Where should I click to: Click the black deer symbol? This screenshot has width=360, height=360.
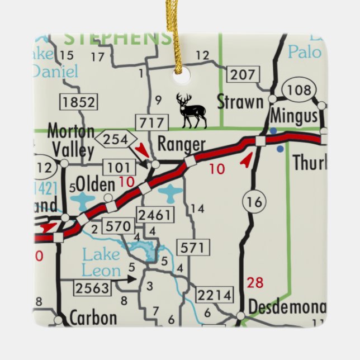(191, 110)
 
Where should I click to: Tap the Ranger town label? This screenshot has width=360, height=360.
(181, 145)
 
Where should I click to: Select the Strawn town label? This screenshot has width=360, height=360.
(240, 102)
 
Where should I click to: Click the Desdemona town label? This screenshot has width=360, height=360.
(287, 307)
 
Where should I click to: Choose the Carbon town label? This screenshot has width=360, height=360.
(93, 318)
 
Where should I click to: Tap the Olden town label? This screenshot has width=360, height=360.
(96, 184)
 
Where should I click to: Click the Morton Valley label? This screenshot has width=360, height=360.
(70, 141)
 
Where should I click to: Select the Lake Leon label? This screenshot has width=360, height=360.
(101, 263)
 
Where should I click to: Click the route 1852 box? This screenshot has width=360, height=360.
(79, 102)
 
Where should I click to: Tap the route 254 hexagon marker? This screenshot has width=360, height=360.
(116, 139)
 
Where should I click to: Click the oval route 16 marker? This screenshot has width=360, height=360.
(254, 202)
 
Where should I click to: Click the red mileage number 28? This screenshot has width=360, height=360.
(255, 283)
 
